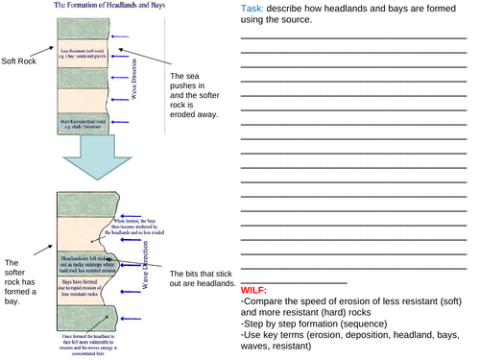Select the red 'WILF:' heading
coord(255,289)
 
